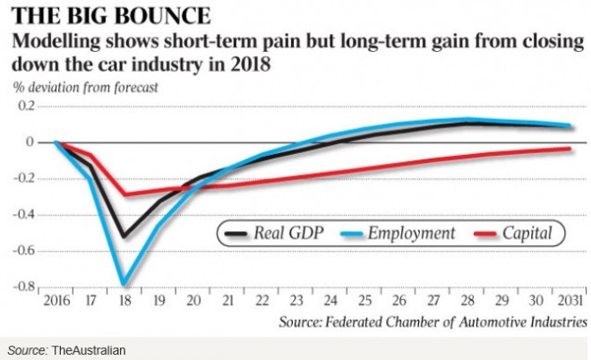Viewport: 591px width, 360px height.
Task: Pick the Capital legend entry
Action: click(535, 234)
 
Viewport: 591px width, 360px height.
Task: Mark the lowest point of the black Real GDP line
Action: click(124, 236)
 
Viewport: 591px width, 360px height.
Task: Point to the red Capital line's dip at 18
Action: click(124, 194)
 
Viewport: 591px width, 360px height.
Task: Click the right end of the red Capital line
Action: click(570, 149)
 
